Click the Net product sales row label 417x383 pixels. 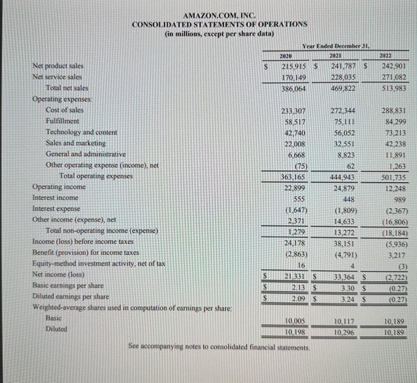58,65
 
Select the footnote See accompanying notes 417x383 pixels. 219,346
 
